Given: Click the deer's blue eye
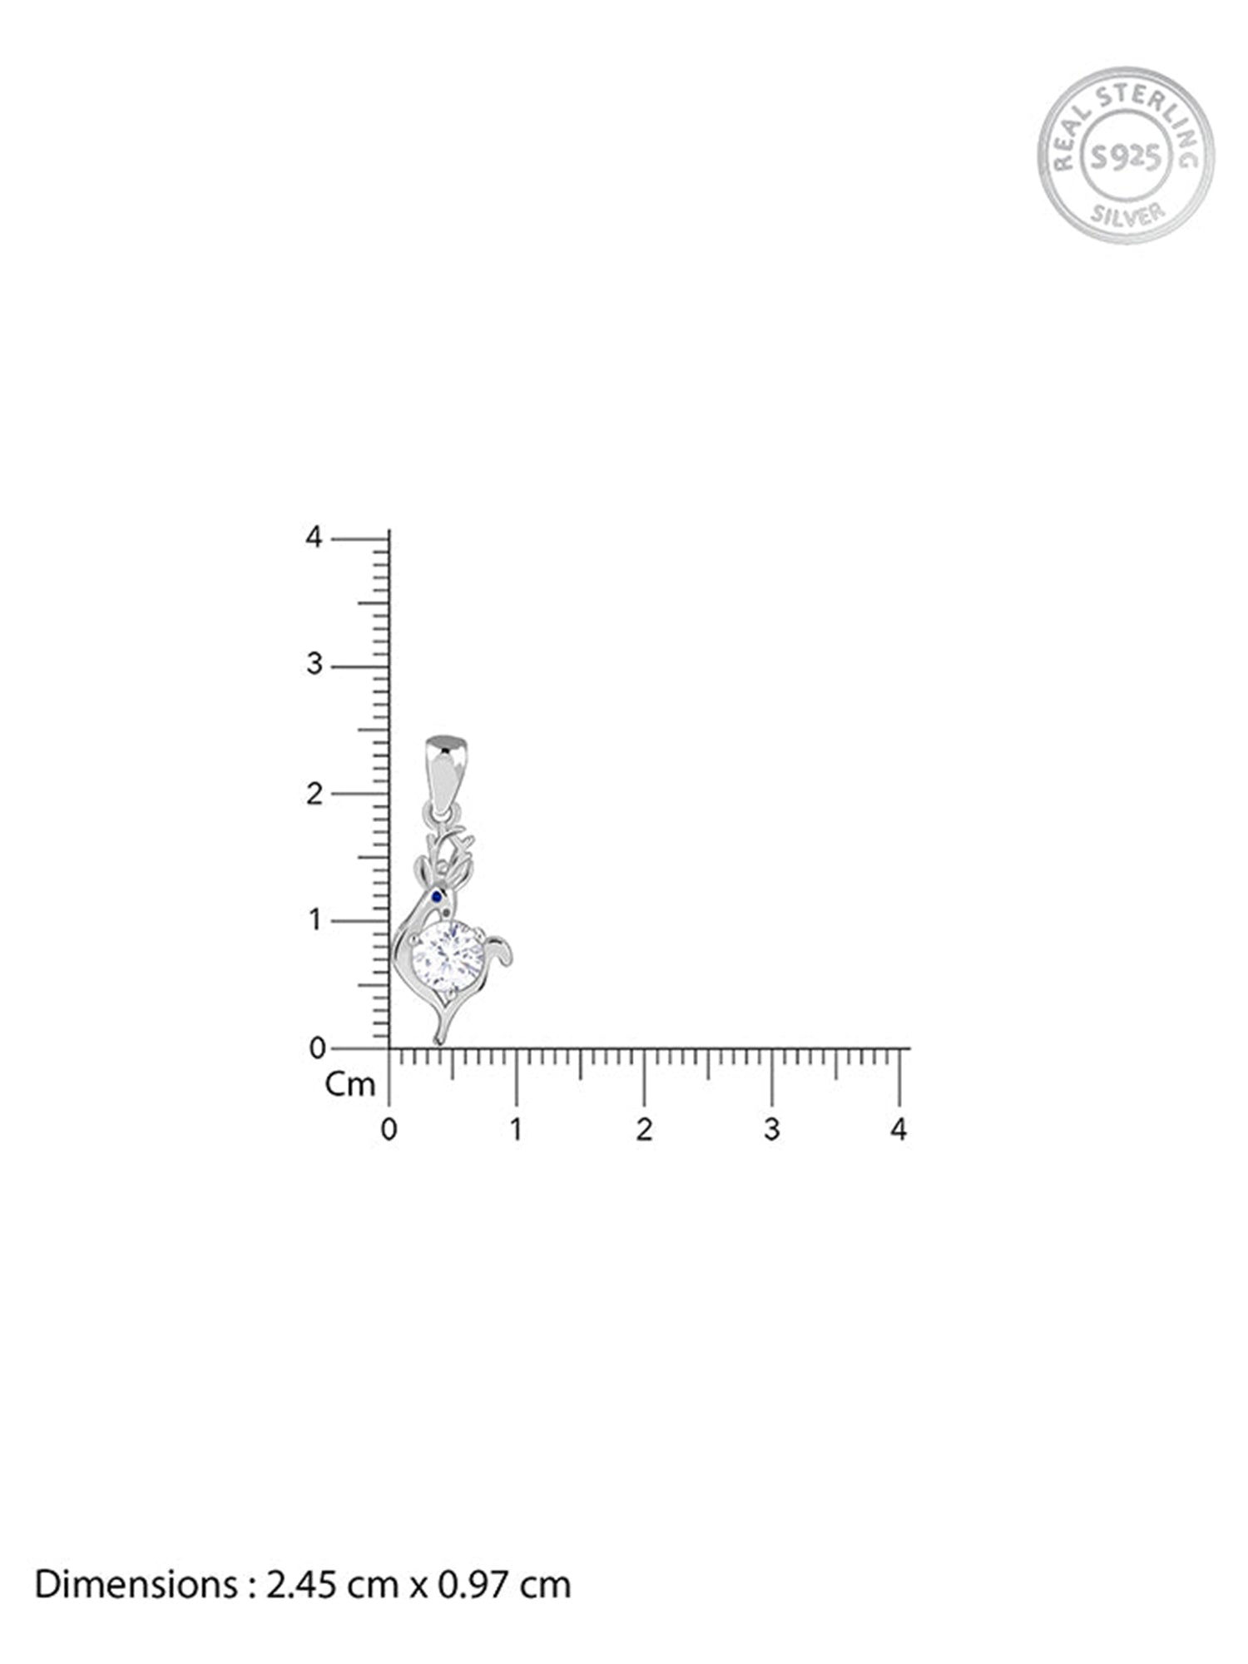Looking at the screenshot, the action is [436, 896].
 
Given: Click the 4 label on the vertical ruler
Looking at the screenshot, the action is [314, 537].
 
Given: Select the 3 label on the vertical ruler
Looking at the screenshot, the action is [314, 665].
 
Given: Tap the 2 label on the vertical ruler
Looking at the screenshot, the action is [314, 794].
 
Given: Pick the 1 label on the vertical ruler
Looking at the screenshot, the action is [314, 920].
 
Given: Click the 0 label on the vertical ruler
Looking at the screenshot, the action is [317, 1048].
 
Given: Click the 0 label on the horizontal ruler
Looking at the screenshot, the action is [389, 1130].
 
